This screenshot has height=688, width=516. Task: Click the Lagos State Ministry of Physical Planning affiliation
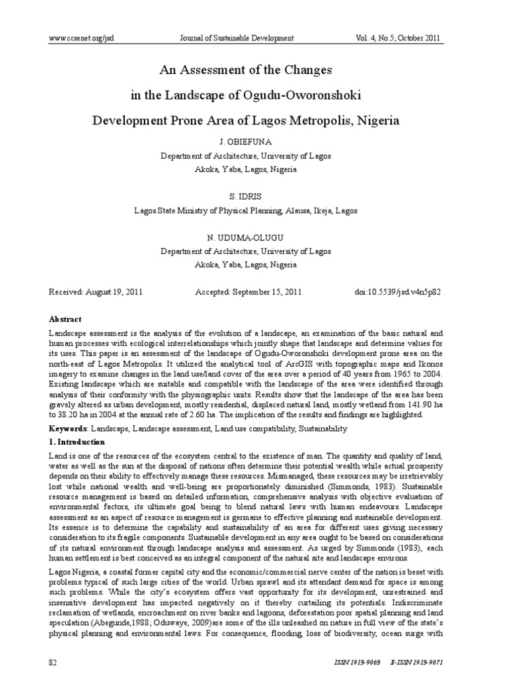[x=245, y=210]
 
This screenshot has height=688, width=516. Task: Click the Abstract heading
[x=65, y=319]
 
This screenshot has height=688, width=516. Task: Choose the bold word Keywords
[x=67, y=428]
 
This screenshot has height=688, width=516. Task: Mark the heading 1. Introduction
[x=77, y=442]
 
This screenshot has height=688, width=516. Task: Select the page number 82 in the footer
[x=53, y=662]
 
